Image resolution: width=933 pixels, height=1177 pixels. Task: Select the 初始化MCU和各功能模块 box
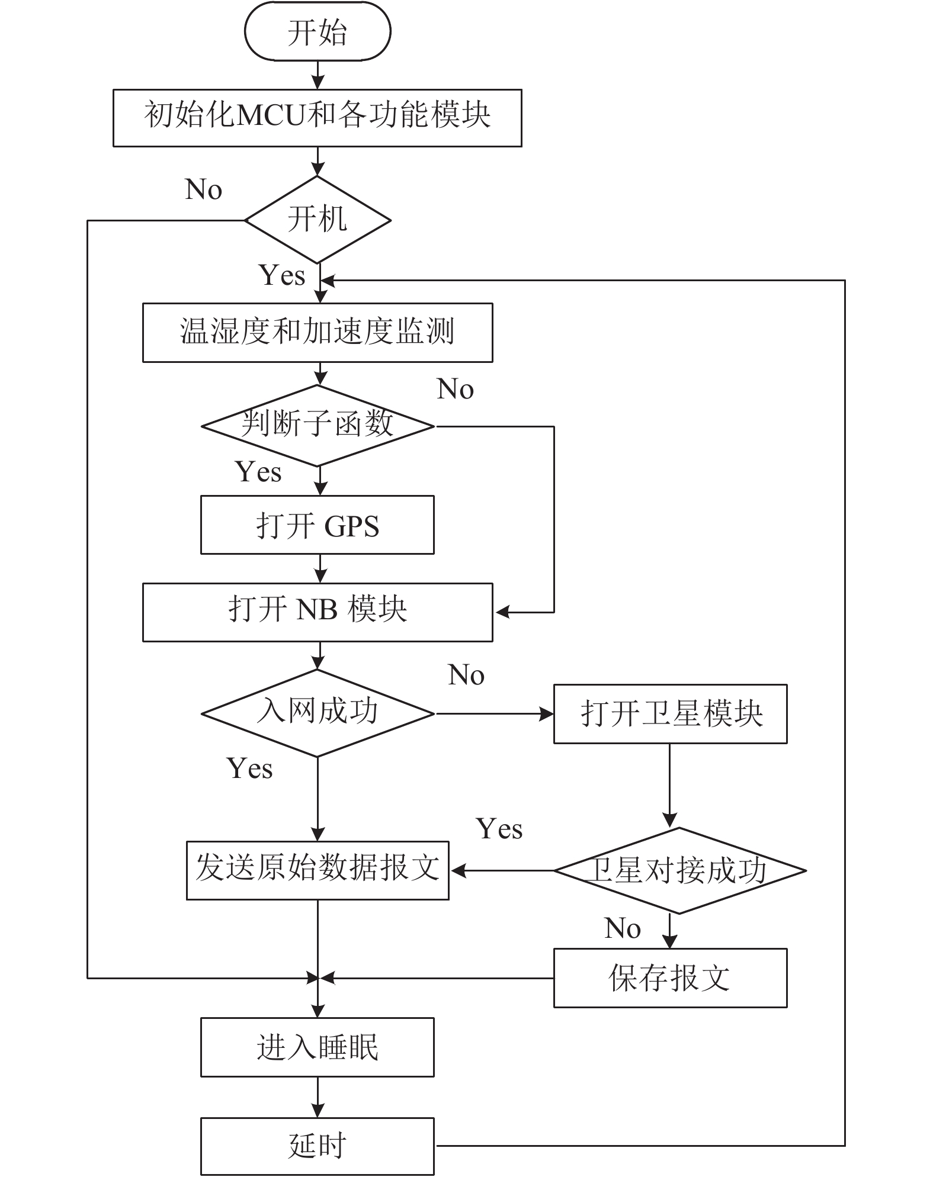[318, 118]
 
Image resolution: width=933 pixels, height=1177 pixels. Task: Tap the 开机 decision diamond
[318, 220]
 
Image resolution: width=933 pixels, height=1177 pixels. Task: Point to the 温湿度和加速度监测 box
[318, 333]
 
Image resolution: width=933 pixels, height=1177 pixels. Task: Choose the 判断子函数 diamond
[318, 426]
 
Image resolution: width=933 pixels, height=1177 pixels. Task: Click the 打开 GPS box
[318, 525]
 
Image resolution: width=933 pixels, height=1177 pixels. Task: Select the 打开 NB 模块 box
[318, 612]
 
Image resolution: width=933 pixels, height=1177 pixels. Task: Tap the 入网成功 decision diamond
[318, 713]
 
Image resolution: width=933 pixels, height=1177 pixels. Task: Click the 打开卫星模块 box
[671, 714]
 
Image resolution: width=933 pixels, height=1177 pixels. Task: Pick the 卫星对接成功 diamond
[679, 871]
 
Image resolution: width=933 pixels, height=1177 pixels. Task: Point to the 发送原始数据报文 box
[318, 871]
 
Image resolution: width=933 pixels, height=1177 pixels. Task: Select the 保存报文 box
[671, 978]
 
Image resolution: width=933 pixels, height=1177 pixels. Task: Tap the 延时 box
[318, 1146]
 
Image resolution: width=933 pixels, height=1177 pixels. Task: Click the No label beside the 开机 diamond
[204, 189]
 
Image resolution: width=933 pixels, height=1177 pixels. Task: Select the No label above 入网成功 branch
[467, 675]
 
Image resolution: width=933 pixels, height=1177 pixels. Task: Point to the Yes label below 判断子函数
[259, 472]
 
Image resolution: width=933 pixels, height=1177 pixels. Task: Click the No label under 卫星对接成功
[623, 928]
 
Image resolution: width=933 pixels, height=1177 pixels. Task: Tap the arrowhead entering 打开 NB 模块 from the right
[502, 612]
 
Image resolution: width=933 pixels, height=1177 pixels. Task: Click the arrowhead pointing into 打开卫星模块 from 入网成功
[546, 714]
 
